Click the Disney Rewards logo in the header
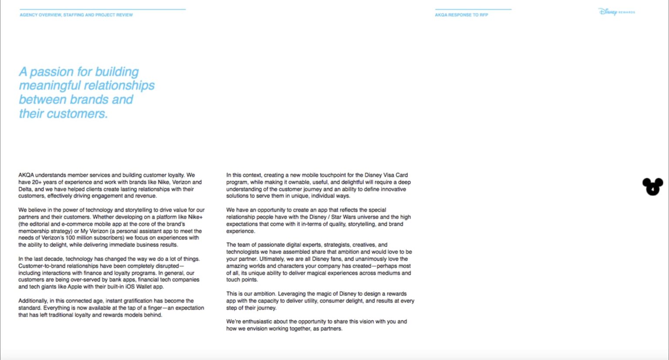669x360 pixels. point(616,12)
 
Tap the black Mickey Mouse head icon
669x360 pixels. point(652,186)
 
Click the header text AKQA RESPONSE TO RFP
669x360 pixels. point(461,15)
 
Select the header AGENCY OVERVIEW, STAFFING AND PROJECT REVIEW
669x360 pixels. point(76,15)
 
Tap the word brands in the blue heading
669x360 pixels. point(89,100)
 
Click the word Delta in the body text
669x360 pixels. point(25,189)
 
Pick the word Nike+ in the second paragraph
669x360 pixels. point(195,217)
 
